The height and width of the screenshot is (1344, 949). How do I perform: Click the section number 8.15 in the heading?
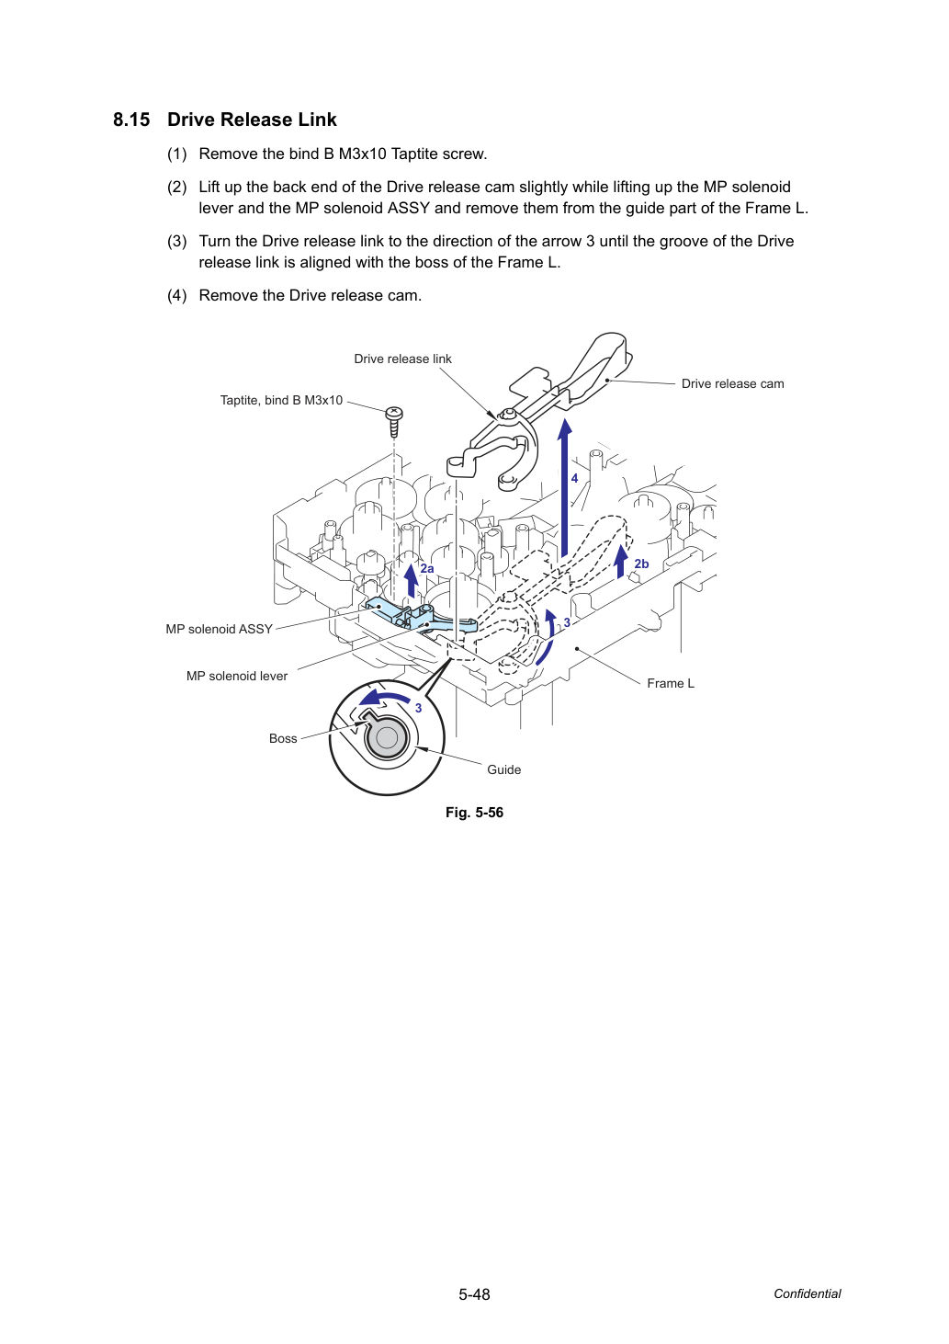(x=131, y=120)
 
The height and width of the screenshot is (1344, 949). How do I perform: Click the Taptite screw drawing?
(x=394, y=421)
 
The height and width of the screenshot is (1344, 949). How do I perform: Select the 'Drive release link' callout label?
(x=402, y=359)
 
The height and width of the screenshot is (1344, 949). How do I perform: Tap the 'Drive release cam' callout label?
(x=732, y=383)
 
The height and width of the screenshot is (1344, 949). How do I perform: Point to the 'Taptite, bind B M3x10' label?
(x=281, y=400)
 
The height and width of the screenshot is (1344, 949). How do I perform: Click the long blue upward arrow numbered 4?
(x=564, y=488)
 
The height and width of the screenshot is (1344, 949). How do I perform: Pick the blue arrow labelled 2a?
(x=412, y=580)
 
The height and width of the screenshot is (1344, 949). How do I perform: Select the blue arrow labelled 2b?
(x=622, y=561)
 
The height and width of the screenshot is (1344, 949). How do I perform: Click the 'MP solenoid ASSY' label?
(x=219, y=629)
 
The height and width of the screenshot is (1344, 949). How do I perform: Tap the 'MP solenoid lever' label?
(x=237, y=676)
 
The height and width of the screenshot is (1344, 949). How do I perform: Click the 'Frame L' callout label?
(x=671, y=683)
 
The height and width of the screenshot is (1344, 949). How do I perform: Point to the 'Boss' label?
(x=283, y=738)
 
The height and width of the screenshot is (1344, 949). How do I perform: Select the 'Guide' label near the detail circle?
(x=503, y=769)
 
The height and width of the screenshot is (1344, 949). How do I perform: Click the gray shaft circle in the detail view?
(x=387, y=738)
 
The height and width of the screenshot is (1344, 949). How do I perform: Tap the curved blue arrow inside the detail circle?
(x=384, y=698)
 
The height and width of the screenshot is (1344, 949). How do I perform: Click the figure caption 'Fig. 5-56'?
(x=474, y=813)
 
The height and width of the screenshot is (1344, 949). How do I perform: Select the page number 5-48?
(x=474, y=1294)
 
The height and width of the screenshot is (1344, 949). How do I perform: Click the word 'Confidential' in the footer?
(x=807, y=1293)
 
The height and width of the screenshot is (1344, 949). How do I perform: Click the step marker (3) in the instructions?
(x=177, y=241)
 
